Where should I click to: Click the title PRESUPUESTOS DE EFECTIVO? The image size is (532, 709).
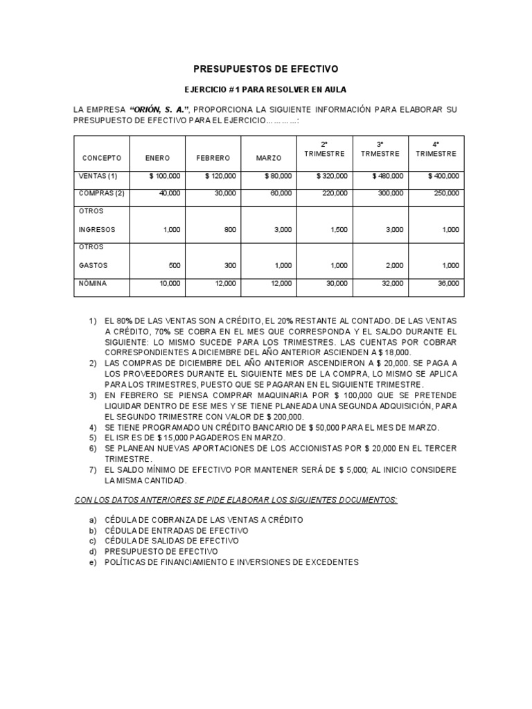click(x=265, y=69)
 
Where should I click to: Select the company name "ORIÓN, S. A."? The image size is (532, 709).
click(x=159, y=110)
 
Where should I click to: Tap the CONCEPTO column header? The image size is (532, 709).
click(x=101, y=159)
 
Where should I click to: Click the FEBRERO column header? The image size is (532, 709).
click(x=213, y=159)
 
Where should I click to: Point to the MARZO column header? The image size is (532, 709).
click(x=269, y=159)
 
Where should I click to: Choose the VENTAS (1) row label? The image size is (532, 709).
click(x=100, y=176)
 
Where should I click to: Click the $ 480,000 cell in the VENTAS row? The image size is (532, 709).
click(x=387, y=176)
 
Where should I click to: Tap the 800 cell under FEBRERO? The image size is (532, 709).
click(x=229, y=229)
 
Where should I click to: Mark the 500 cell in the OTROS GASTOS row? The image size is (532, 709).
click(x=173, y=265)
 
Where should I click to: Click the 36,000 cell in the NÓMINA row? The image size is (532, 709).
click(x=447, y=283)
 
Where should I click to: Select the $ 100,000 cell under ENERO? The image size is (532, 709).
click(x=165, y=176)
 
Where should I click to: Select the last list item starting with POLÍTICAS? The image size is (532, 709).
click(x=231, y=562)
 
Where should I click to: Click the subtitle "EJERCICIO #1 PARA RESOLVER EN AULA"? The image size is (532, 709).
click(x=265, y=89)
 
